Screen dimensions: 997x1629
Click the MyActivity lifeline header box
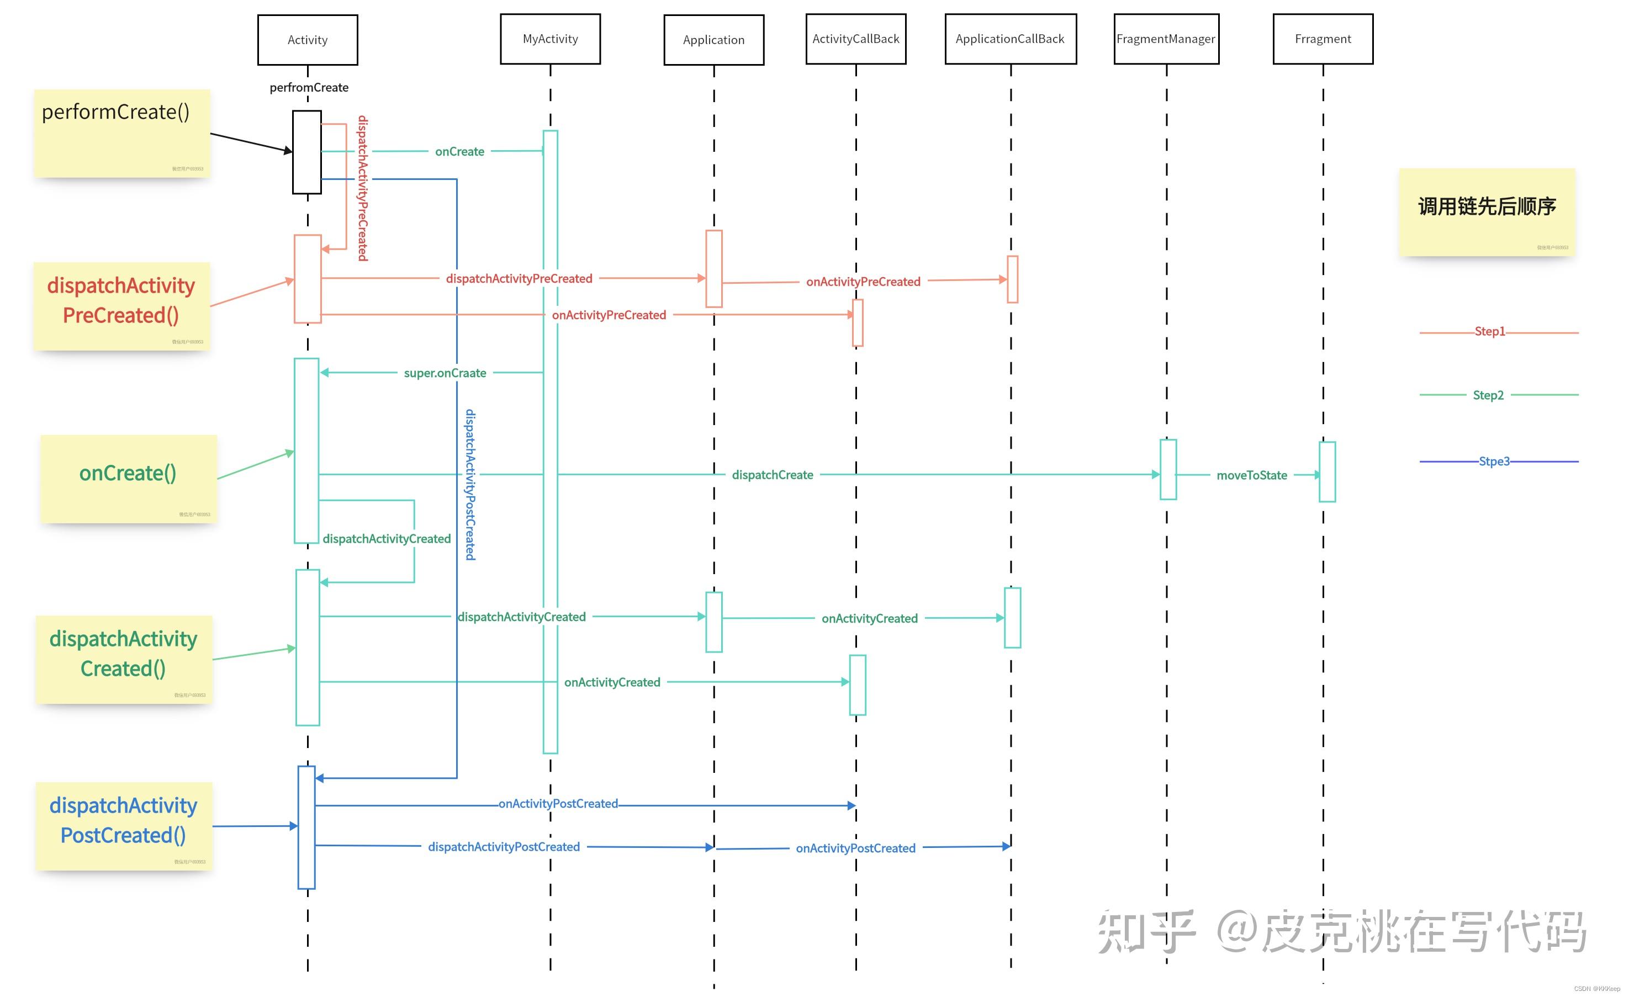[550, 39]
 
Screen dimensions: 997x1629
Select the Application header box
[713, 40]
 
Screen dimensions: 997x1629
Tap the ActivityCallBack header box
[855, 39]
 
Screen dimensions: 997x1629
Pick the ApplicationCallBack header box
[1010, 39]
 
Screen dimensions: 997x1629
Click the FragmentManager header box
[1166, 39]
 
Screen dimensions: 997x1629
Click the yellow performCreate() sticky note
[122, 133]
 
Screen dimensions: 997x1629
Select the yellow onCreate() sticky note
[128, 478]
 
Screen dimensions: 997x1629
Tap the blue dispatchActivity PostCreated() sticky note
[124, 825]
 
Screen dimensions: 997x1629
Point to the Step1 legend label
[1489, 331]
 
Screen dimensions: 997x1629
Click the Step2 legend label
[1488, 395]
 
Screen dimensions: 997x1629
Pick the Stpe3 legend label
[1494, 462]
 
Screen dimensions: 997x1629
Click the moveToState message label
[1251, 475]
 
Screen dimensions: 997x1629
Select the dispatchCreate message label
[772, 475]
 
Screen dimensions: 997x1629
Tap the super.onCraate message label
[445, 373]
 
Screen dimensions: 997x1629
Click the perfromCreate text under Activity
[309, 87]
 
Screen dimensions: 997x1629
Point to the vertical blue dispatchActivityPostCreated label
[470, 485]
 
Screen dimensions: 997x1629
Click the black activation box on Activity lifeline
[307, 152]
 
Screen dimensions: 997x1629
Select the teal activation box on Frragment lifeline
[1327, 471]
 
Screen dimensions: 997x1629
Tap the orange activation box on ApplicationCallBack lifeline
[1012, 279]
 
